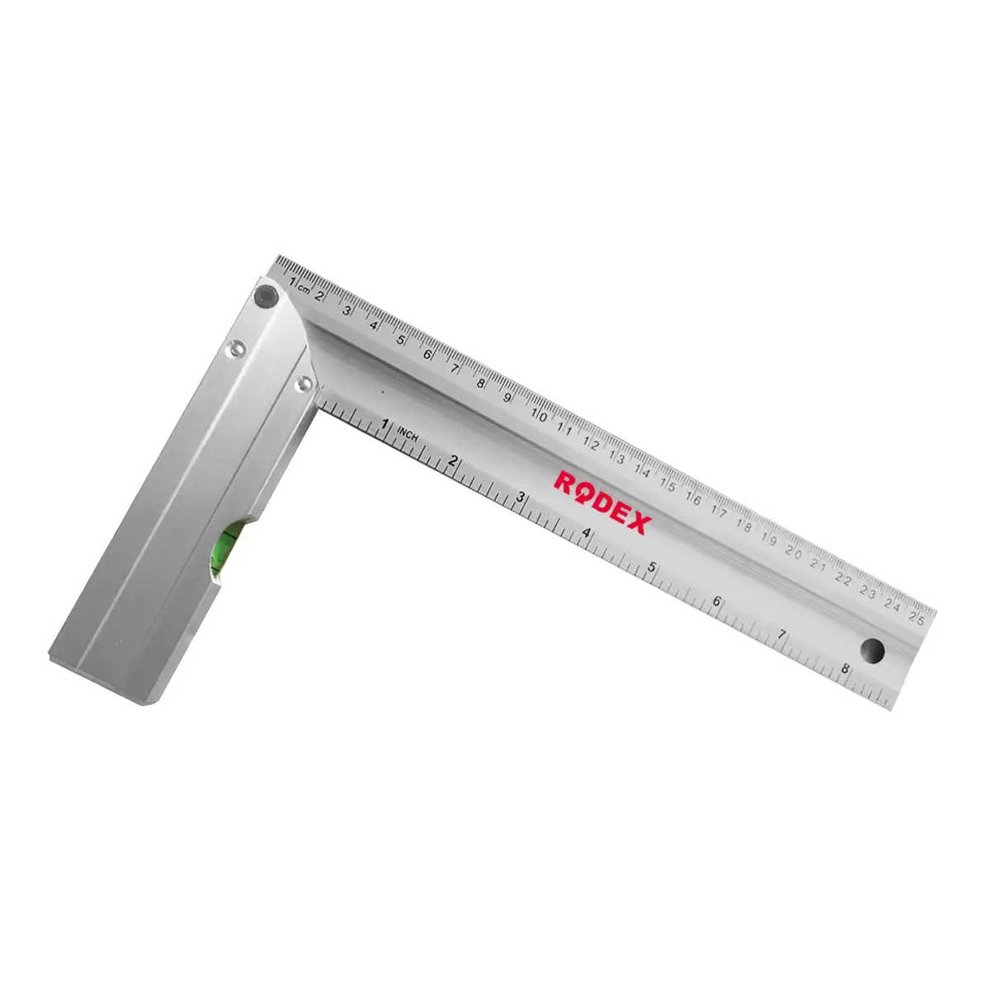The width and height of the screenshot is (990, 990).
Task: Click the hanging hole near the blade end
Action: [872, 650]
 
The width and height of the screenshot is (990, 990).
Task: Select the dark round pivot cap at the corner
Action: [266, 295]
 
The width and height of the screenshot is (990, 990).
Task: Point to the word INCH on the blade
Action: [408, 433]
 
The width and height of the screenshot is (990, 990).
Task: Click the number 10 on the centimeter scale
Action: [538, 415]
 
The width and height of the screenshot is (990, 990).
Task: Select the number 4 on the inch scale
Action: [587, 533]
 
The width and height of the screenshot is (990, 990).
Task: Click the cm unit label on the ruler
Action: [304, 289]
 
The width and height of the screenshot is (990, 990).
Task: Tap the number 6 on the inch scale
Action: [716, 601]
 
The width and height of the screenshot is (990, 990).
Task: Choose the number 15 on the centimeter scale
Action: [667, 484]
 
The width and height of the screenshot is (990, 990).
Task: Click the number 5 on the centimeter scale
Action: [400, 339]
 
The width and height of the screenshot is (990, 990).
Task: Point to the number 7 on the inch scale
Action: [782, 635]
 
